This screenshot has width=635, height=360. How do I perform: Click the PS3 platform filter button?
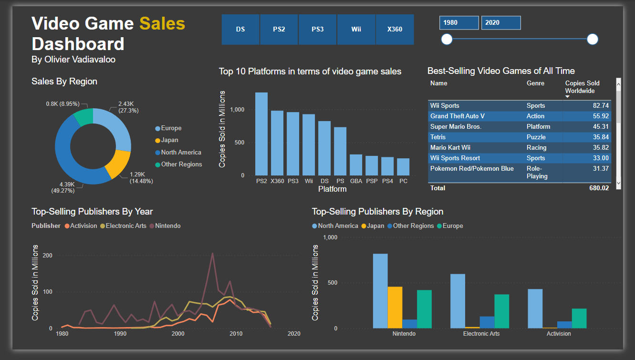[318, 29]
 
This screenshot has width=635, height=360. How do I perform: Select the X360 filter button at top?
[395, 29]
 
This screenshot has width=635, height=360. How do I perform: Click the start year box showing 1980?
[458, 22]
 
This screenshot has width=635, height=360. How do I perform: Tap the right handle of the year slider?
[592, 39]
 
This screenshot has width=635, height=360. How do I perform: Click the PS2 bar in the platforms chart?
[261, 134]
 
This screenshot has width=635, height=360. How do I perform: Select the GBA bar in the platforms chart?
[356, 165]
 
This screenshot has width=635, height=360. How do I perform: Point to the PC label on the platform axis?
[403, 181]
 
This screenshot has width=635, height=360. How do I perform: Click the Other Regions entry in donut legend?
[181, 165]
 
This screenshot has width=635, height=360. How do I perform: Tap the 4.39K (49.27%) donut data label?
[65, 187]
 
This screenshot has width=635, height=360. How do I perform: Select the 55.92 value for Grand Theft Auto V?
[601, 116]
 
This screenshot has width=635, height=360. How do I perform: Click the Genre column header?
[535, 83]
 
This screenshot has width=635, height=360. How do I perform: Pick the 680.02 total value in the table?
[599, 188]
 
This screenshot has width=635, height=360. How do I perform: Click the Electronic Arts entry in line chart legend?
[126, 226]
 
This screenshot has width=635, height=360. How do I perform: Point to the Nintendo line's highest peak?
[212, 254]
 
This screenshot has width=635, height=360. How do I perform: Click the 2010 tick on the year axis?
[236, 334]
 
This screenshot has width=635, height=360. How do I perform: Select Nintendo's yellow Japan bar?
[395, 307]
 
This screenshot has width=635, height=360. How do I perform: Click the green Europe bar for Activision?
[579, 318]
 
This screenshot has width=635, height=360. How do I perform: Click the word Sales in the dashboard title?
[162, 23]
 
